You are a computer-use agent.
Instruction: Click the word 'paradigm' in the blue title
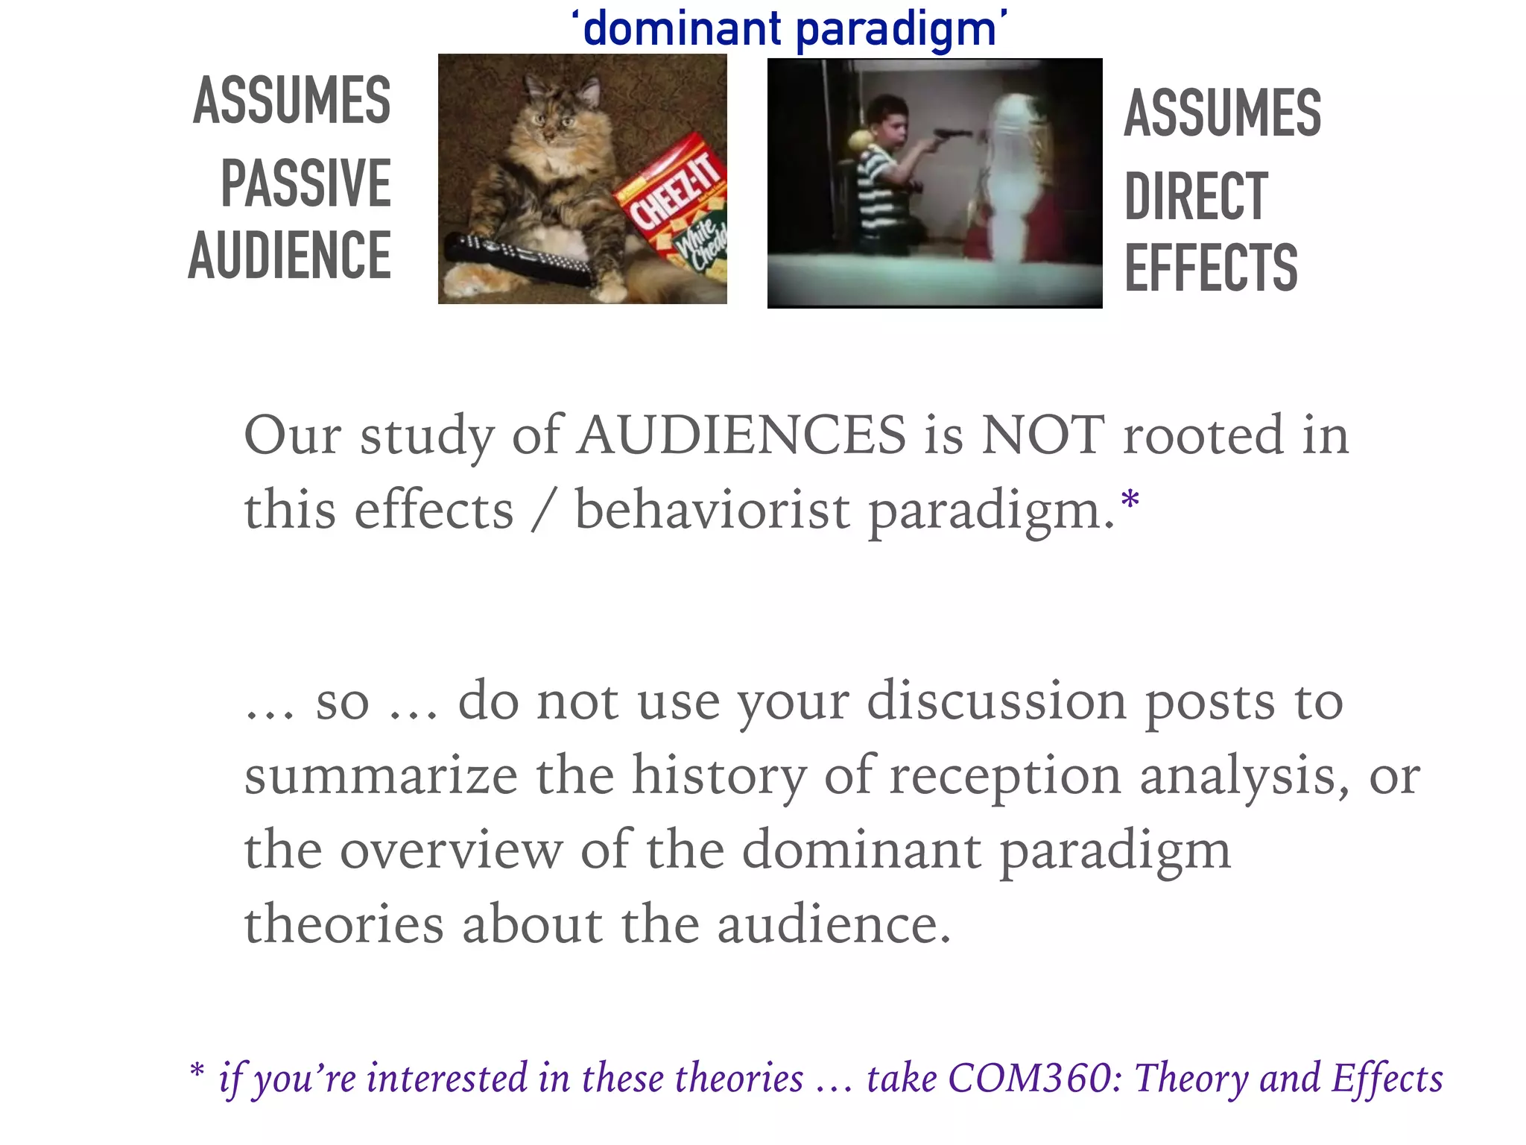pos(896,31)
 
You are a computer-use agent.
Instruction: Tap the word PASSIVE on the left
pos(305,183)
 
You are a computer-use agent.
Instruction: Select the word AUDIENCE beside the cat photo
pos(290,256)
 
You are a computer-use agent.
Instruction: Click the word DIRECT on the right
pos(1196,196)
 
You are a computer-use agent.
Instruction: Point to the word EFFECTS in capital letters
pos(1211,268)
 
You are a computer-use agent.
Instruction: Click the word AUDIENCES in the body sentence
pos(742,435)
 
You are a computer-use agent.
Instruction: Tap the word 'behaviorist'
pos(712,511)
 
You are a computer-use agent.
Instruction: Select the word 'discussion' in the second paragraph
pos(996,701)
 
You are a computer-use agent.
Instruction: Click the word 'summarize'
pos(381,775)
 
